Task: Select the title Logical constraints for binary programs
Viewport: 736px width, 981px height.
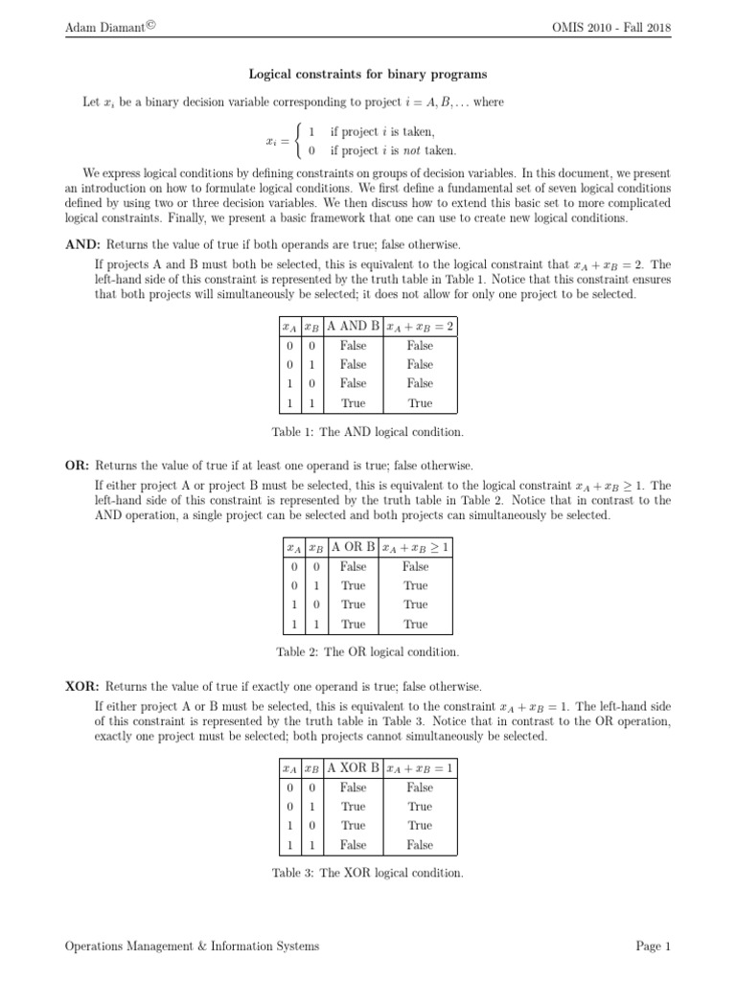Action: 368,74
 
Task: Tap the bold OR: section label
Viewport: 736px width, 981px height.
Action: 77,466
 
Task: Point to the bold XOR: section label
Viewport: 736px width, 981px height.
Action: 82,687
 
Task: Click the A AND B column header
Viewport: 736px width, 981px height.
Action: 353,326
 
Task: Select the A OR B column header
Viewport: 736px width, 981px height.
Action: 353,547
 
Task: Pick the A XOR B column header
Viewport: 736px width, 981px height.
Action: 353,768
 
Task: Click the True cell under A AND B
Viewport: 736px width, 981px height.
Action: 353,403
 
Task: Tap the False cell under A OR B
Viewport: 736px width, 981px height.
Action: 353,566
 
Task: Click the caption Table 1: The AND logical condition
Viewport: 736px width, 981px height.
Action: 368,431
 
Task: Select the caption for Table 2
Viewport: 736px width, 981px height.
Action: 368,652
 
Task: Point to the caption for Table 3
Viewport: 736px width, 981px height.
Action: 368,874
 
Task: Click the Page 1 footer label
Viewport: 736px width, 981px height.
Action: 653,947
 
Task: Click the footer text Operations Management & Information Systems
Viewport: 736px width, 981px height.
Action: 192,947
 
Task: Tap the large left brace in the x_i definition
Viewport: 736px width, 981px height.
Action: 297,141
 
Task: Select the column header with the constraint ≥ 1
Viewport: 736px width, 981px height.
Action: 416,547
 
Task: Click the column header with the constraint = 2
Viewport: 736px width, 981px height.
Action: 420,326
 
